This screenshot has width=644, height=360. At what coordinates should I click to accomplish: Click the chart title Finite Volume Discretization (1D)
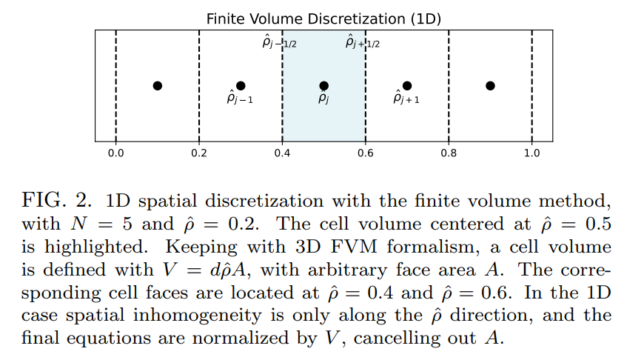[323, 19]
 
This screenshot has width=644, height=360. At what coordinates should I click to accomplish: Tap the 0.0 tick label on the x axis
[116, 153]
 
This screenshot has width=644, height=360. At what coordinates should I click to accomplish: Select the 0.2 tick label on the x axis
[199, 153]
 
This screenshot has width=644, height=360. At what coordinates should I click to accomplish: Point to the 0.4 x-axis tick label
[282, 153]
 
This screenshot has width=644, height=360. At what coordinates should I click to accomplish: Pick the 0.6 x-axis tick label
[366, 153]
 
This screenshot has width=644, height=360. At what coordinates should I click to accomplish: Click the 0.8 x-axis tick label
[449, 153]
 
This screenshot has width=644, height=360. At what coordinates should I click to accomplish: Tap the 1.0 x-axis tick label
[531, 153]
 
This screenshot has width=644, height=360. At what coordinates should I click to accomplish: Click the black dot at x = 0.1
[158, 86]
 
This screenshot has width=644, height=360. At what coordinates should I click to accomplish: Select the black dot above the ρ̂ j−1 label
[241, 86]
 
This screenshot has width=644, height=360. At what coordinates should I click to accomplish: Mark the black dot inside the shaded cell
[323, 86]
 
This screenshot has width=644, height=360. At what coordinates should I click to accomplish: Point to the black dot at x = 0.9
[490, 86]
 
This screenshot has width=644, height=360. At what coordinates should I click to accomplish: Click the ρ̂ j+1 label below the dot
[406, 99]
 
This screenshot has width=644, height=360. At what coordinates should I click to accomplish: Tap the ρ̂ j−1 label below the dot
[240, 99]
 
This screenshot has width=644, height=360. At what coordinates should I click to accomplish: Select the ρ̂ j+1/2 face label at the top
[363, 43]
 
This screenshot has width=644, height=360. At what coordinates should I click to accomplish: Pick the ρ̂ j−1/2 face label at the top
[280, 43]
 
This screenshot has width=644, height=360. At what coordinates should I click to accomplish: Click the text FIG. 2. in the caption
[56, 201]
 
